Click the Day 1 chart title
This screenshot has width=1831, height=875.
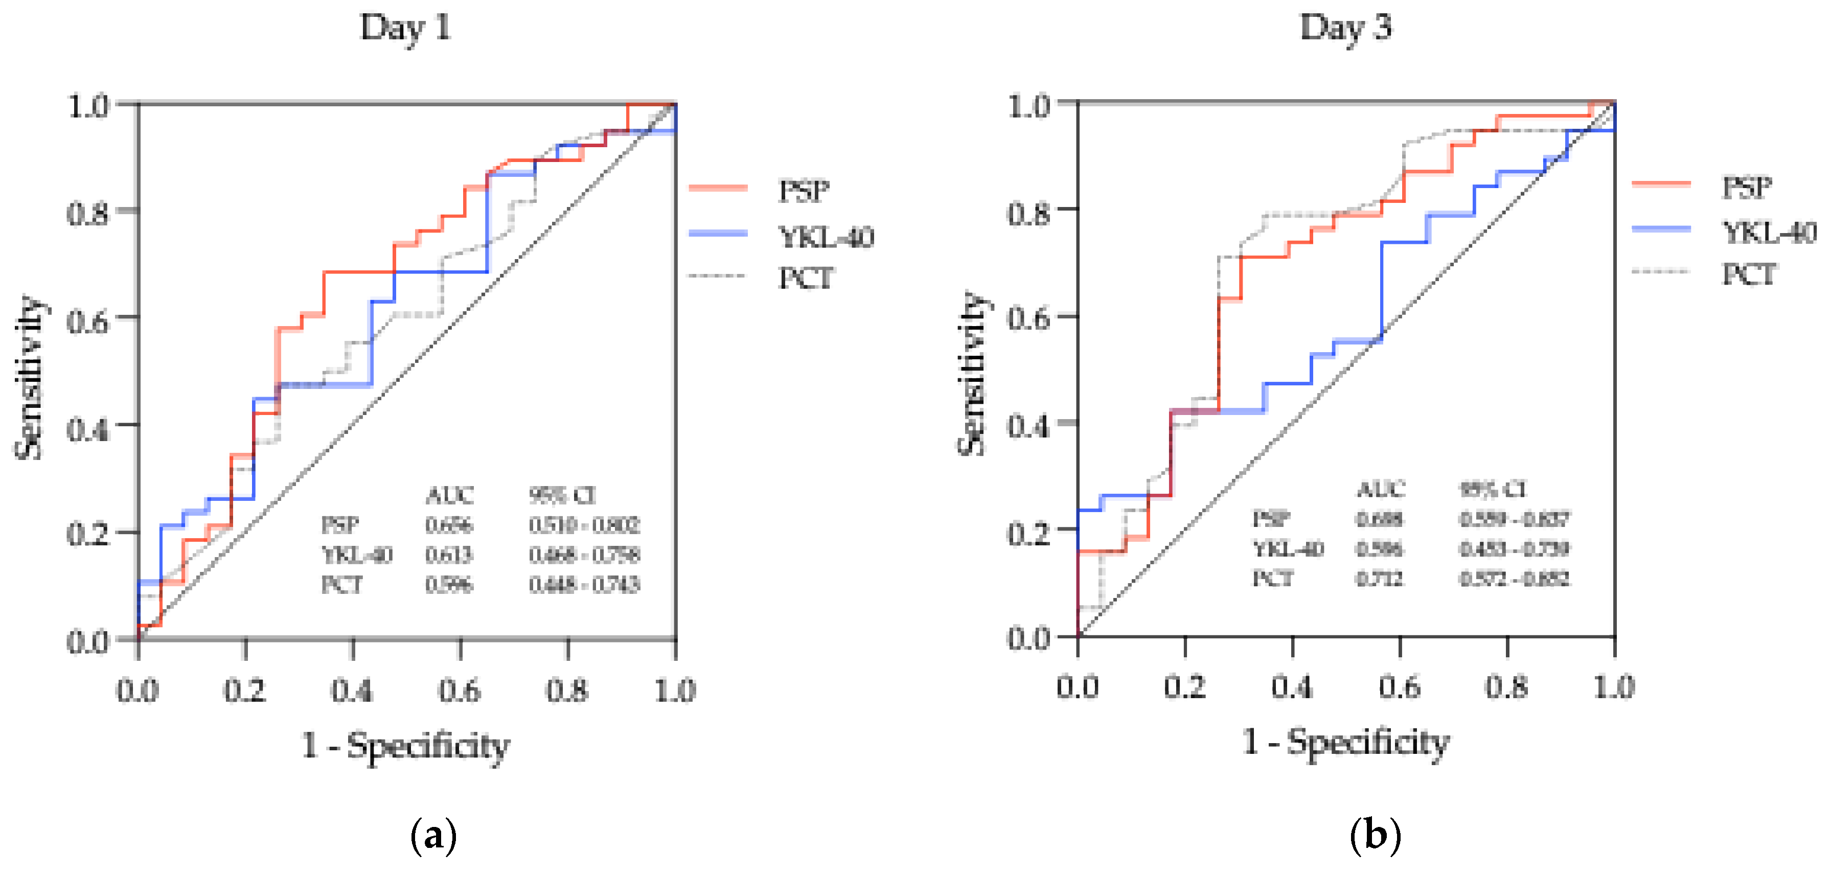click(x=406, y=29)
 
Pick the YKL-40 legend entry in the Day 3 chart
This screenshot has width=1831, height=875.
click(x=1768, y=232)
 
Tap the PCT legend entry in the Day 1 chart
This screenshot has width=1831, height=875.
click(x=805, y=278)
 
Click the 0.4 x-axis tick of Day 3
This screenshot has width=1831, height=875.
click(x=1292, y=686)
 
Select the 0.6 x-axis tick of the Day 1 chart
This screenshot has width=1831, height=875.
click(x=459, y=689)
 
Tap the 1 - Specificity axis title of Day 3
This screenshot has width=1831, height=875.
click(x=1345, y=742)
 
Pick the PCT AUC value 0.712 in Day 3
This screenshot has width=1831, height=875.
click(x=1379, y=578)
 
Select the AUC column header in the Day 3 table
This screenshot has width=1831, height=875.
click(x=1380, y=489)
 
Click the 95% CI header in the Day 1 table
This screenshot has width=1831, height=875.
click(x=562, y=495)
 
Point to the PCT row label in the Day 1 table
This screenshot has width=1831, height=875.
click(x=342, y=584)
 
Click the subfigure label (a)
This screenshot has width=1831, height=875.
click(x=433, y=835)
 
